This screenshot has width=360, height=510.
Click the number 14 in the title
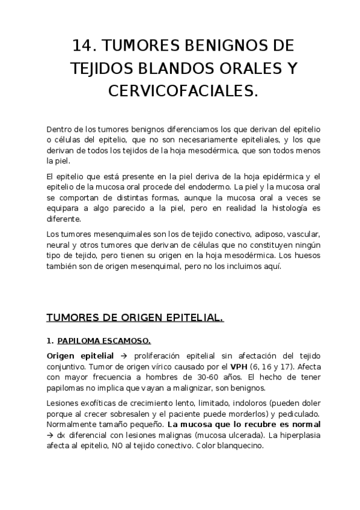[x=84, y=46]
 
